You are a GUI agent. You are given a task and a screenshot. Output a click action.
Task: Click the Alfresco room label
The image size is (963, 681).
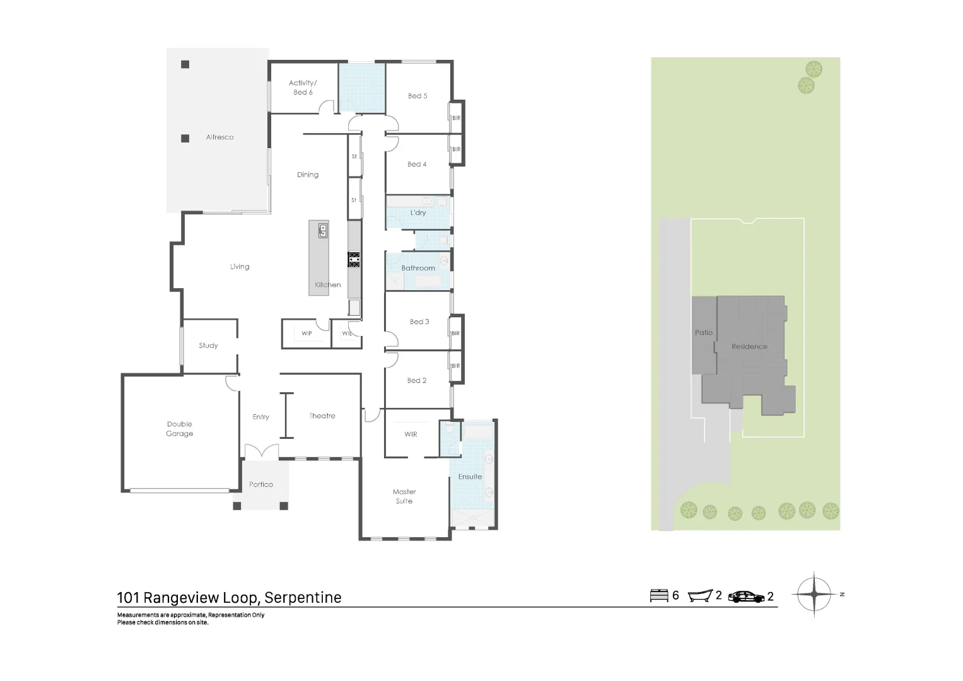coord(219,137)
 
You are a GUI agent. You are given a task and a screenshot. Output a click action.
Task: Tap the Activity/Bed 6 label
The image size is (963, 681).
coord(303,88)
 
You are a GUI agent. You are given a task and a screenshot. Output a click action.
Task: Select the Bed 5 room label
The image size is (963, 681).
coord(417,96)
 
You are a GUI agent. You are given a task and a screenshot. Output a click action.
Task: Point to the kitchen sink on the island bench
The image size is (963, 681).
coord(323,230)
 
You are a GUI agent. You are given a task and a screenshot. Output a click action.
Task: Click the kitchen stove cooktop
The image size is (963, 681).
coord(354,259)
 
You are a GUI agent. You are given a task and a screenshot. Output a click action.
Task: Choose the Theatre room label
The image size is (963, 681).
coord(322,416)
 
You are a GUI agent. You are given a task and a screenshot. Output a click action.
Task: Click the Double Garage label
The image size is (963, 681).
coord(180,429)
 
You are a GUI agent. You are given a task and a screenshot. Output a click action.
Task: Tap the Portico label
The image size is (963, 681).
coord(261,484)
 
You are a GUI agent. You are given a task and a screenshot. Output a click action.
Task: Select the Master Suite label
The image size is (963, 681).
coord(404,496)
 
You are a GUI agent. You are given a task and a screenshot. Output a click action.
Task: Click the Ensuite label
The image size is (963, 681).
coord(470,477)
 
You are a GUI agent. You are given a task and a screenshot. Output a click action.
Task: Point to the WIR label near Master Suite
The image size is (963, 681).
coord(411,434)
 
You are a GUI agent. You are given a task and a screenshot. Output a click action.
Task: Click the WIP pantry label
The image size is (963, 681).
coord(306,334)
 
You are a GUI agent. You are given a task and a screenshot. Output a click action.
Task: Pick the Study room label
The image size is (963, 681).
coord(208,346)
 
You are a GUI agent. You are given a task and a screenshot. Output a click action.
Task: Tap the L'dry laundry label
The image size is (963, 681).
coord(418,212)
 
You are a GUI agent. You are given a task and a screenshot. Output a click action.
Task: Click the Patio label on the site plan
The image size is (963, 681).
coord(704,332)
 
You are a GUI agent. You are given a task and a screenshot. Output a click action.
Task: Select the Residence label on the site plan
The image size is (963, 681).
coord(749,346)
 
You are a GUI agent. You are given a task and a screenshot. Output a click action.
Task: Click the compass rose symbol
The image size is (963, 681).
coord(814,594)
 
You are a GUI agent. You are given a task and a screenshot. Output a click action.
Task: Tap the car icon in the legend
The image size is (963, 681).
coord(746,596)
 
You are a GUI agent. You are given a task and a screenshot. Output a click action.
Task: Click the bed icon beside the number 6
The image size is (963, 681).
coord(659,595)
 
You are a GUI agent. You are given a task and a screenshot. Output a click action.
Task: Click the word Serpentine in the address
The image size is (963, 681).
coord(303,597)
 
